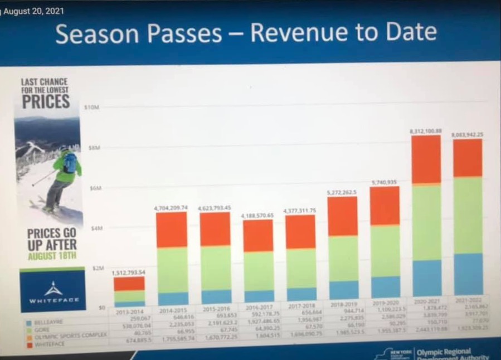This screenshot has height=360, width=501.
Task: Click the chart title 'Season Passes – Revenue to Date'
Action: coord(246,33)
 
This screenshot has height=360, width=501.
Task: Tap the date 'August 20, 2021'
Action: coord(33,11)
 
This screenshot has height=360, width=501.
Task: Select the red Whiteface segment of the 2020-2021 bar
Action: coord(426,159)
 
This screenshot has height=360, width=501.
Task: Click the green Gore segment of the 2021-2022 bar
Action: coord(468,215)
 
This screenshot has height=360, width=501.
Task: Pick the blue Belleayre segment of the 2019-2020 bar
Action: coord(385,286)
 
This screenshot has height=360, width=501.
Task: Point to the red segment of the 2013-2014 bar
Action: coord(129,284)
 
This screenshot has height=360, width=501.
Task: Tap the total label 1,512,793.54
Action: coord(129,273)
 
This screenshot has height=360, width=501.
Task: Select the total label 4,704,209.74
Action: coord(171,208)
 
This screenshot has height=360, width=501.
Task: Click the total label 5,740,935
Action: coord(385,182)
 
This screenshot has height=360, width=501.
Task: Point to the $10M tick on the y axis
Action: coord(91,106)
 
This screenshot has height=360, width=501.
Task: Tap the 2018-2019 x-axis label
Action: coord(344,304)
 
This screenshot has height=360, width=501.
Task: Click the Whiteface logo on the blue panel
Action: coord(54,291)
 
